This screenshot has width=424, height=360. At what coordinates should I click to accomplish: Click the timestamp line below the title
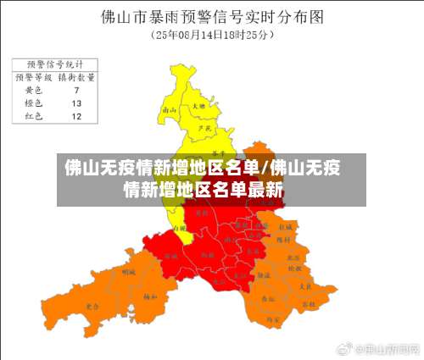click(211, 36)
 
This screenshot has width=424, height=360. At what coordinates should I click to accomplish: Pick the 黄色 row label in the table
click(34, 90)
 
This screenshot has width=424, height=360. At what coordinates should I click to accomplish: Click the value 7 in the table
click(76, 90)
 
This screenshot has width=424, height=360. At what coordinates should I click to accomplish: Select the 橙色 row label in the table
click(34, 102)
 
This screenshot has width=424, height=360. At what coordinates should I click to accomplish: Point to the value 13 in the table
click(76, 102)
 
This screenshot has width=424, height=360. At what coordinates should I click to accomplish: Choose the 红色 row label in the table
click(34, 116)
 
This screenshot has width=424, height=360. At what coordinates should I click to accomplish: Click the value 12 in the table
click(76, 116)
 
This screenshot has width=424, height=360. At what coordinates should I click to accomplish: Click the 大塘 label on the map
click(198, 107)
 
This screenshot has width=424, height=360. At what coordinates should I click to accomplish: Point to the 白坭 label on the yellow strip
click(177, 228)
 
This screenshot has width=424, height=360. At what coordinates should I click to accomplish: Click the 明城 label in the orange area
click(129, 273)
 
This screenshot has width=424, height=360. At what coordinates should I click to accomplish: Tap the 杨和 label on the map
click(150, 296)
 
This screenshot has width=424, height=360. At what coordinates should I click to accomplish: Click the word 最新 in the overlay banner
click(265, 189)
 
